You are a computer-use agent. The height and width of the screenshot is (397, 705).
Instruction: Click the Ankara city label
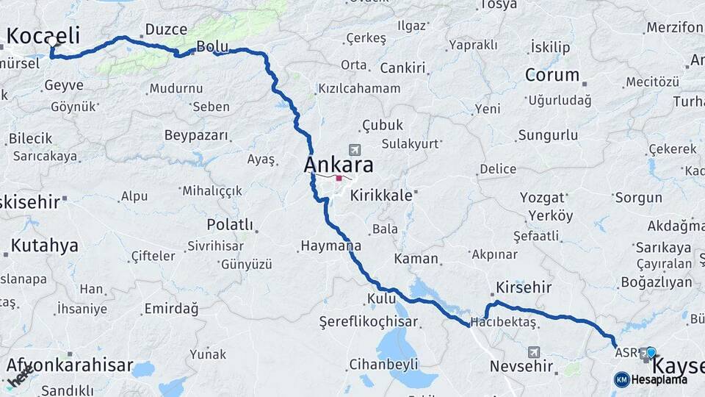pos(339,164)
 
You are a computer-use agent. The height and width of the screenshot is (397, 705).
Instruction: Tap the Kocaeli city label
pos(43,35)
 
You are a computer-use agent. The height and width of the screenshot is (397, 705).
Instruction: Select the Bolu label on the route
pos(212,47)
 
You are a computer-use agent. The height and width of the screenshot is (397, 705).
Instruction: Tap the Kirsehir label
pos(524,287)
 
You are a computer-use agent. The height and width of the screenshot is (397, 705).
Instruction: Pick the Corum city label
pos(552,75)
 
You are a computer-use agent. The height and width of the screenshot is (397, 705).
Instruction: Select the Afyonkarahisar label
pos(70,365)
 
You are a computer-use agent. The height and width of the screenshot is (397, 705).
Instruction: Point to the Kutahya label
pos(44,246)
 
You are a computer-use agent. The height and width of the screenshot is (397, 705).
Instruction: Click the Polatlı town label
pos(230,224)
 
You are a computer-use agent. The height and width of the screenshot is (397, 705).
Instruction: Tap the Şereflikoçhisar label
pos(369,321)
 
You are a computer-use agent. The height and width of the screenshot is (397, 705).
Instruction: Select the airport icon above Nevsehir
pos(533,352)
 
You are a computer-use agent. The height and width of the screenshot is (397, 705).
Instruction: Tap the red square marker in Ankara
pos(339,178)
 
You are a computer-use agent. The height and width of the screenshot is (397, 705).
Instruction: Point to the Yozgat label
pos(542,197)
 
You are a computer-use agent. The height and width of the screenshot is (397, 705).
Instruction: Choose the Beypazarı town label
pos(196,136)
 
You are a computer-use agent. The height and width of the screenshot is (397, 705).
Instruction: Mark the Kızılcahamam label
pos(359,88)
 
